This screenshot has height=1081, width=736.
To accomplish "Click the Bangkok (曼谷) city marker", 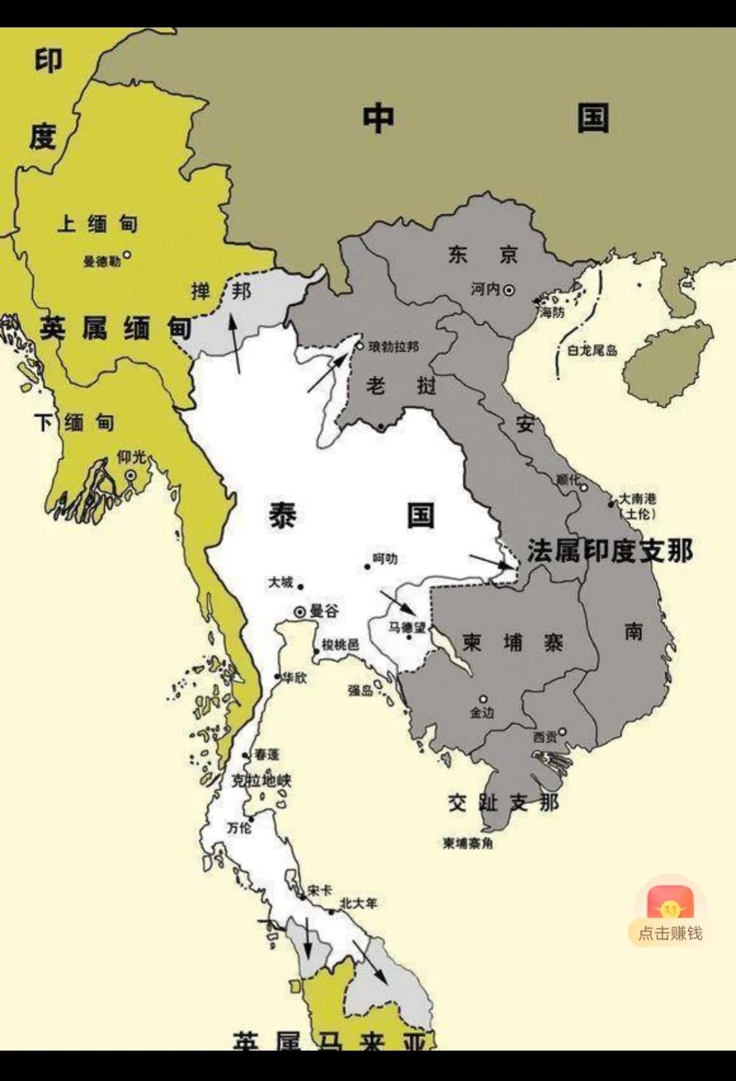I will (x=299, y=612).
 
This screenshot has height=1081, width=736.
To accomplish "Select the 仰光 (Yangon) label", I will (x=132, y=457).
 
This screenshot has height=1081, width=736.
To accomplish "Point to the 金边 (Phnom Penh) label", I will (x=482, y=713).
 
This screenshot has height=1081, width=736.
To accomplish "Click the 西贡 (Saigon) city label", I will (x=544, y=737).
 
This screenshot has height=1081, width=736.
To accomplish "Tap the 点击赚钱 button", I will (x=670, y=932).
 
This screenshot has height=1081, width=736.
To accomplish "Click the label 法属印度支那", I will (x=610, y=551).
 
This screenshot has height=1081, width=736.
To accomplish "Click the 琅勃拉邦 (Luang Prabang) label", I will (x=394, y=347).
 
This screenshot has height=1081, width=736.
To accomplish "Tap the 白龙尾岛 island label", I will (x=592, y=350).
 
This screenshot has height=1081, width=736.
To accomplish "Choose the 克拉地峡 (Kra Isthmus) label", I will (x=261, y=780).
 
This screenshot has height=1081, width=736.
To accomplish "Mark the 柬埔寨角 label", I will (x=467, y=843).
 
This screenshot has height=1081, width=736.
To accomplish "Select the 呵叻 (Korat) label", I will (x=385, y=559).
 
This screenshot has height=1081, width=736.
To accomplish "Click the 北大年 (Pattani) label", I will (x=358, y=903).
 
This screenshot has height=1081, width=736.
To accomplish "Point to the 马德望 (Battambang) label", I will (x=407, y=627).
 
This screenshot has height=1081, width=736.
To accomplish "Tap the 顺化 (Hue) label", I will (x=567, y=480).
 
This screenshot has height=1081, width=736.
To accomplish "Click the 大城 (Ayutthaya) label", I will (x=280, y=582).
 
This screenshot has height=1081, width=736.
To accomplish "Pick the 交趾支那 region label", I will (x=503, y=802).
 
